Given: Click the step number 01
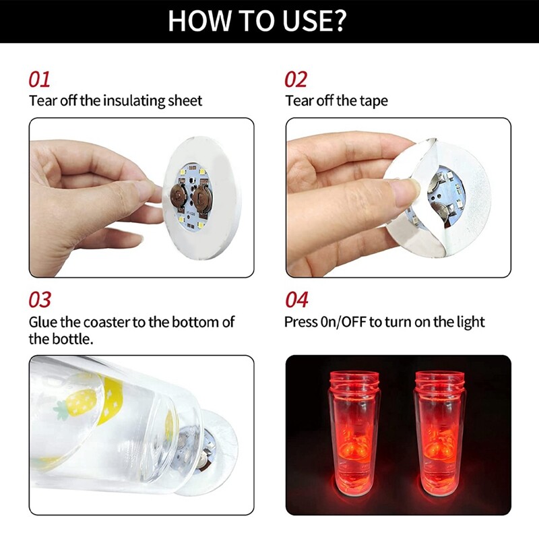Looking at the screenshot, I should tap(39, 80).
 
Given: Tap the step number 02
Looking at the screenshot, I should tap(296, 80).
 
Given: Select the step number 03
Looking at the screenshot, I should tap(40, 300).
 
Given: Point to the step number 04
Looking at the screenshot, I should tap(296, 300).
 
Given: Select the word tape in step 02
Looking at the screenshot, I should tap(373, 101).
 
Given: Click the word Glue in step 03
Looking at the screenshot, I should tap(42, 322).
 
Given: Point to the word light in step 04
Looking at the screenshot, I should tap(470, 322).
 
